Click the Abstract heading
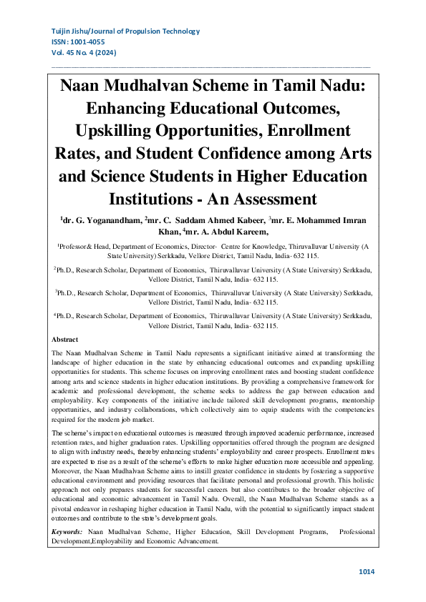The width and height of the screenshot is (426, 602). coord(65,340)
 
